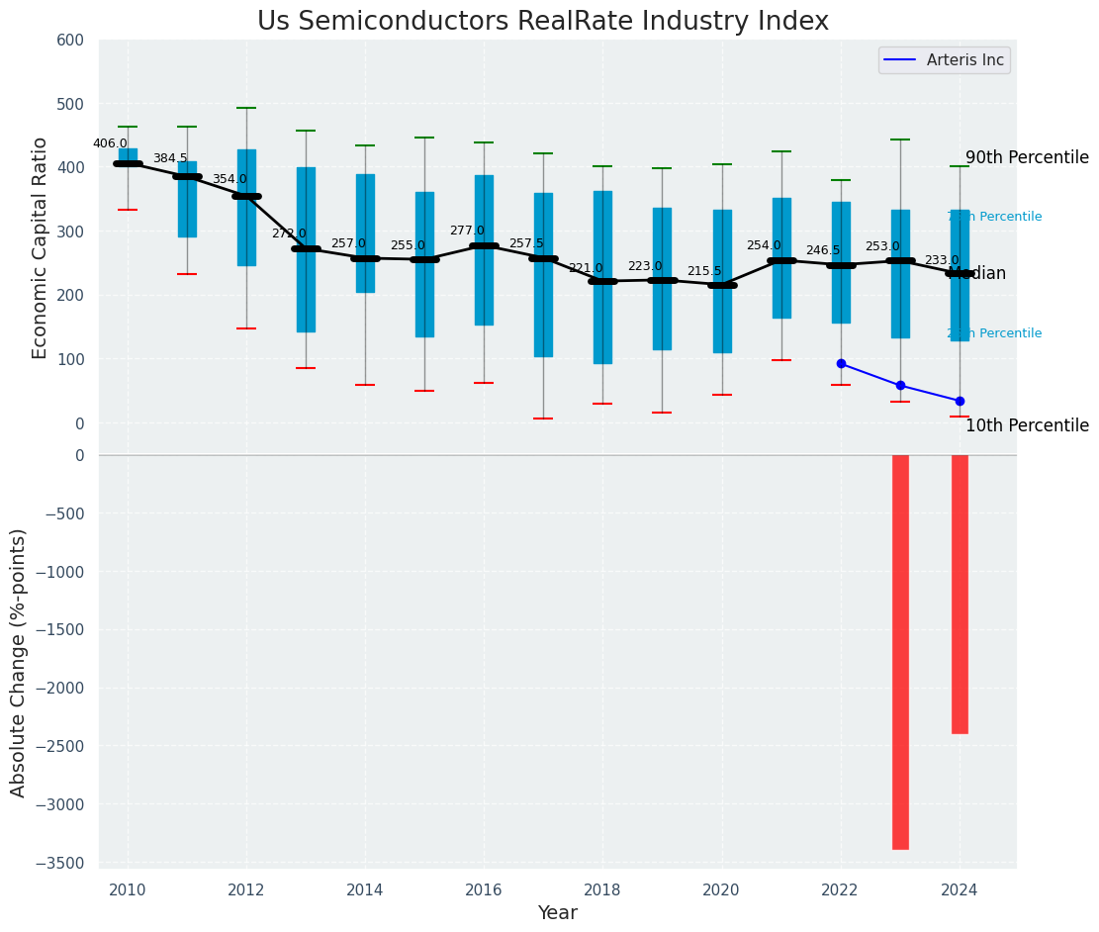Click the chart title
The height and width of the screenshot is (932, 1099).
(542, 22)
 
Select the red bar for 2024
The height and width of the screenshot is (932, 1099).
(960, 594)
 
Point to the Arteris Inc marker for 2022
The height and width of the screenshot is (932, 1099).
(841, 363)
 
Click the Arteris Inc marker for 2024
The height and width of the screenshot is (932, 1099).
(960, 401)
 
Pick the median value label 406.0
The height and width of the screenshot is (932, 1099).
(110, 143)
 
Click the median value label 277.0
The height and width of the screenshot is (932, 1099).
(467, 231)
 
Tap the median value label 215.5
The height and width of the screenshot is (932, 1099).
(704, 271)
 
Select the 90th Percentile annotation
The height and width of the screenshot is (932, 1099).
(1027, 157)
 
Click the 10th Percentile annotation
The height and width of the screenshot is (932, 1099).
(1027, 425)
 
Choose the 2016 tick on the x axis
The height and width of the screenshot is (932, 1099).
(484, 889)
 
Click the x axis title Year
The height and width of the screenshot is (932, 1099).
(557, 913)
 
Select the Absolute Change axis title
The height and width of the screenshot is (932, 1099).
(19, 661)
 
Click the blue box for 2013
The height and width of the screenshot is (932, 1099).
(306, 249)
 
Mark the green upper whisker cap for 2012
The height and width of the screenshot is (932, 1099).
(246, 108)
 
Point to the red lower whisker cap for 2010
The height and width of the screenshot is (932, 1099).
(128, 210)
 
